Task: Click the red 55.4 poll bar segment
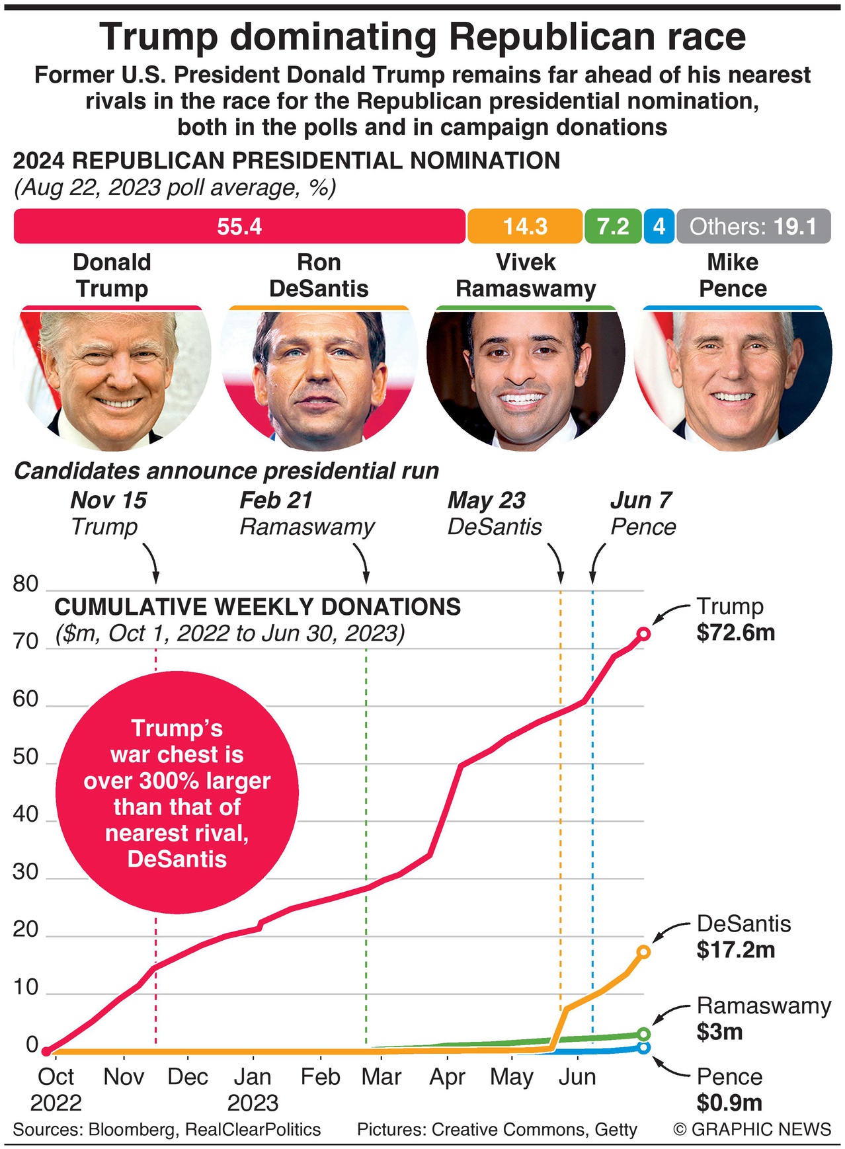[239, 227]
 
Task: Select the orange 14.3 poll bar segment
[525, 227]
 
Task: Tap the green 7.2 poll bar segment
[613, 227]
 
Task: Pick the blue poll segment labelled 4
[659, 227]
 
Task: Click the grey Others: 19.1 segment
[753, 227]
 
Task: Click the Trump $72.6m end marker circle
[643, 634]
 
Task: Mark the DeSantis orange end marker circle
[643, 952]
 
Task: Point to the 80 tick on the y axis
[26, 584]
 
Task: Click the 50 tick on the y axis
[26, 757]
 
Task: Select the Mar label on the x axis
[382, 1077]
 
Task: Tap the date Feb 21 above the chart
[276, 500]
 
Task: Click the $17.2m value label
[736, 950]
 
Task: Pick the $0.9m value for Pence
[730, 1103]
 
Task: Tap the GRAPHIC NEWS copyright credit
[752, 1129]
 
